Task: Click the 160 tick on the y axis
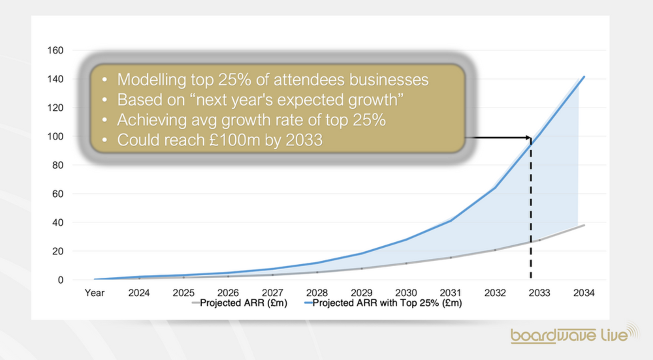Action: tap(55, 50)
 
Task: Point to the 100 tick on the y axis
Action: tap(55, 137)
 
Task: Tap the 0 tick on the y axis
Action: tap(61, 280)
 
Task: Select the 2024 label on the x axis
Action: tap(139, 293)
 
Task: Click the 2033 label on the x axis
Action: tap(539, 293)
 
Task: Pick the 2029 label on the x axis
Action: tap(361, 293)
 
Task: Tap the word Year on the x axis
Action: tap(95, 293)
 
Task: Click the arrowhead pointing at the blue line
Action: tap(529, 138)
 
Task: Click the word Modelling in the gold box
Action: tap(151, 80)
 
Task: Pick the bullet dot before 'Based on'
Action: tap(105, 100)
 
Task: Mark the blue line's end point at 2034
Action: tap(584, 77)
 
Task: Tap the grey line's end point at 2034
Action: tap(584, 225)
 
